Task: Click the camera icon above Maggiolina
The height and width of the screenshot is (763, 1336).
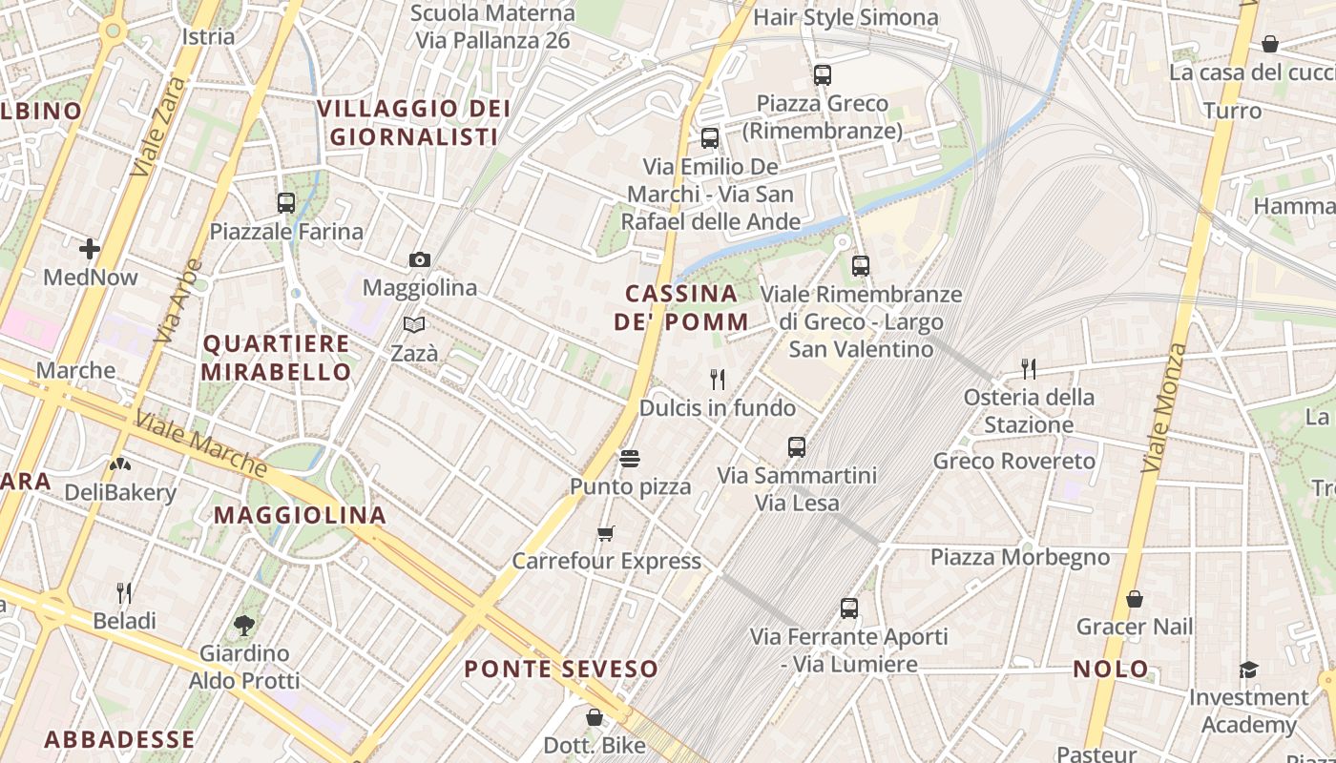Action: (419, 259)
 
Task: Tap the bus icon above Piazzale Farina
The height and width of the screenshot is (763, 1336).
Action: (285, 202)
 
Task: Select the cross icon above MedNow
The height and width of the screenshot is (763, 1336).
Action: (90, 249)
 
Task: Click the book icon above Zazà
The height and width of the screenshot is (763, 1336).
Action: (414, 325)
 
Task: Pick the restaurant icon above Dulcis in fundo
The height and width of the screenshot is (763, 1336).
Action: (718, 380)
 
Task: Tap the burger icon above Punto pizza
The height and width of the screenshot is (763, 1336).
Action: (629, 459)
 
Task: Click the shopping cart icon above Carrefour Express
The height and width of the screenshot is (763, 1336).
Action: (606, 533)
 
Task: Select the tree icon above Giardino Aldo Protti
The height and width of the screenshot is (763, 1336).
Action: (244, 626)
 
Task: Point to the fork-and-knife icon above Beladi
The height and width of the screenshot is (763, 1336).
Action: (124, 593)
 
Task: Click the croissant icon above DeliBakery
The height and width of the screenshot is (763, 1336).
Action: (120, 464)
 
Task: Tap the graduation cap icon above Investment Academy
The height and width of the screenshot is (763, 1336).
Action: (1248, 670)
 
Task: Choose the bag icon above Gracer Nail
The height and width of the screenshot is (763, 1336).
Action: (1135, 599)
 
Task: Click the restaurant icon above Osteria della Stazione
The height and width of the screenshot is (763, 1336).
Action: (1028, 368)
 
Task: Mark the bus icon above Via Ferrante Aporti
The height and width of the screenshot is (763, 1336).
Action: (848, 608)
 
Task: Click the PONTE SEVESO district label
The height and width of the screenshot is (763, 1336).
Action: (561, 670)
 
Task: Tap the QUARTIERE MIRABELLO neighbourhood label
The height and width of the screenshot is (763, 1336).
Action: (277, 358)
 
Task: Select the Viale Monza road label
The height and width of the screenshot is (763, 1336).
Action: (1163, 408)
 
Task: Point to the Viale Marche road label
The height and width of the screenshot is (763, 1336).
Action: (200, 443)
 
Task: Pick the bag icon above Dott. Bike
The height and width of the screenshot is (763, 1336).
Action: (595, 717)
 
